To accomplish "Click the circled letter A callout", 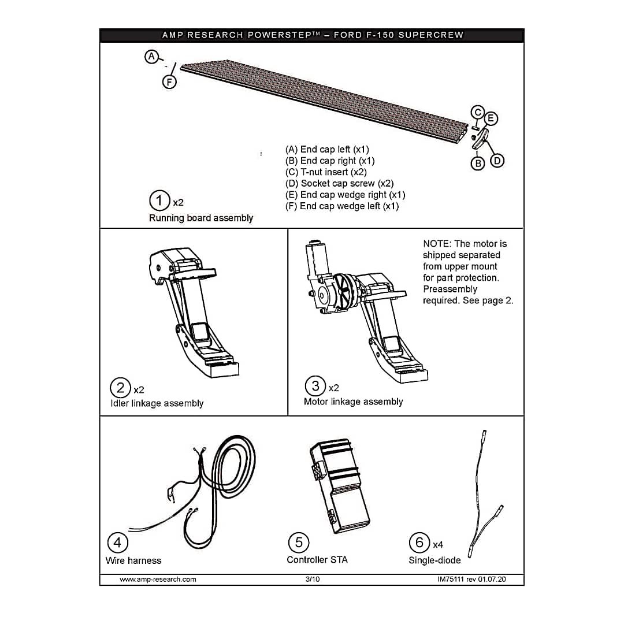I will (151, 56).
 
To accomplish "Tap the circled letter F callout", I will (169, 82).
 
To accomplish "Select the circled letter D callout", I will (497, 161).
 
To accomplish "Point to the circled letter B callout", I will (478, 164).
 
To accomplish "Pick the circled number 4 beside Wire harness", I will (118, 543).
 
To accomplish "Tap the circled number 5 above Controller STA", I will (298, 542).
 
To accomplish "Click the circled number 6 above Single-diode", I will (419, 542).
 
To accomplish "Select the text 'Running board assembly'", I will (201, 218).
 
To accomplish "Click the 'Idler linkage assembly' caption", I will (157, 403).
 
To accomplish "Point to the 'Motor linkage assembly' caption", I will (353, 402).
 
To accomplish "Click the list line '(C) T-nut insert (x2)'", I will (326, 172).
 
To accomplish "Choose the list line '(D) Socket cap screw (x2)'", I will (339, 183).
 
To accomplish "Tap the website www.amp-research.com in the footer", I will (158, 579).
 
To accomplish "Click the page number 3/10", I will (313, 579).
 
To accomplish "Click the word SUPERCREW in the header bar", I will (430, 35).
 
